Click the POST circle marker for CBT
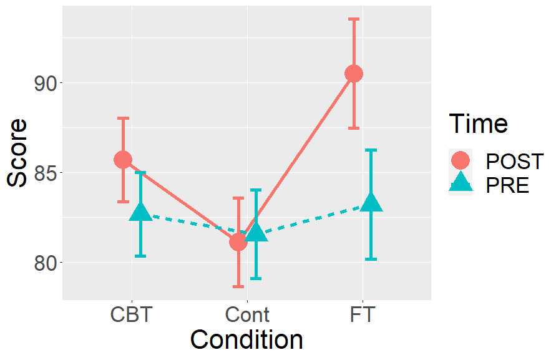click(123, 160)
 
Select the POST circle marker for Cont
click(238, 241)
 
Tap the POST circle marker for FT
click(354, 74)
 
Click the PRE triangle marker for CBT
click(140, 213)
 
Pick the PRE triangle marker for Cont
click(256, 233)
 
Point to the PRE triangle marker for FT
click(371, 203)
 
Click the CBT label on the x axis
click(131, 314)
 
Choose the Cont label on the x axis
click(247, 314)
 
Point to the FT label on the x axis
click(363, 314)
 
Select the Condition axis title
click(246, 341)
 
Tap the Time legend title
click(479, 124)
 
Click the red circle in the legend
click(461, 160)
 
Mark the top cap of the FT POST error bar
click(354, 19)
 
